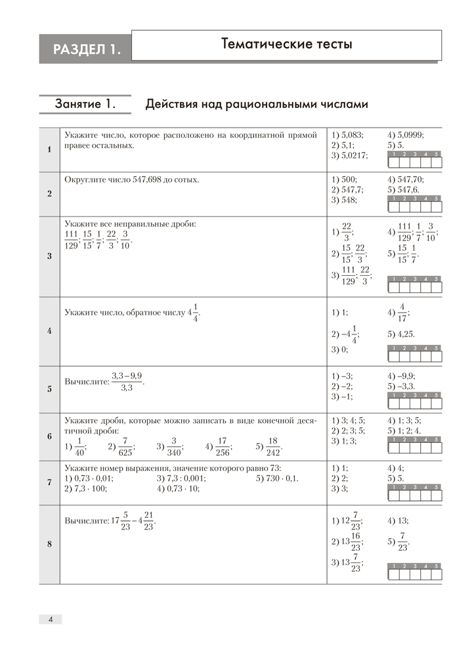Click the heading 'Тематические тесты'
(287, 45)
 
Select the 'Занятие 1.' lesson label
(85, 104)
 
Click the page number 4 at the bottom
(51, 618)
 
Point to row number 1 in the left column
(49, 150)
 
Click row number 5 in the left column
(49, 389)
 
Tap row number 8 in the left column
(49, 544)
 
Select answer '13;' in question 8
(401, 521)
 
